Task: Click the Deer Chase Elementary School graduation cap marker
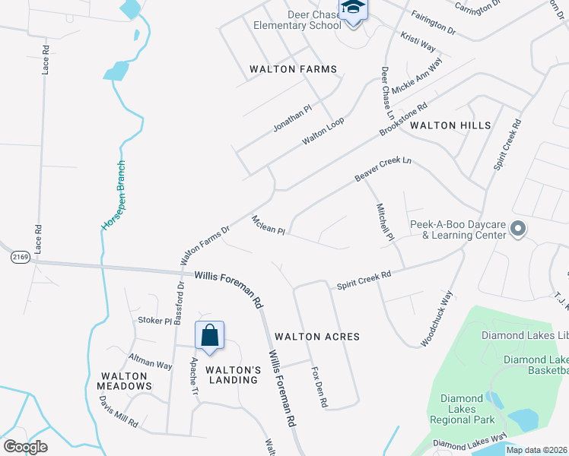(x=353, y=9)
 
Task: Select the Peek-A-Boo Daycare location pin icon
(x=518, y=228)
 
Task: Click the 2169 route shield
(x=21, y=258)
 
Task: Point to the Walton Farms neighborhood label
(x=293, y=69)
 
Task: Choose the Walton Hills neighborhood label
(x=450, y=125)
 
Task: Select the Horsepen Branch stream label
(x=112, y=195)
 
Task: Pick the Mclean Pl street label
(x=268, y=225)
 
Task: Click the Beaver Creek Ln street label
(x=383, y=169)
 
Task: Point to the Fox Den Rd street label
(x=319, y=388)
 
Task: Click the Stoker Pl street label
(x=154, y=321)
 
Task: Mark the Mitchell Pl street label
(x=384, y=221)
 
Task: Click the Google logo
(x=25, y=446)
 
